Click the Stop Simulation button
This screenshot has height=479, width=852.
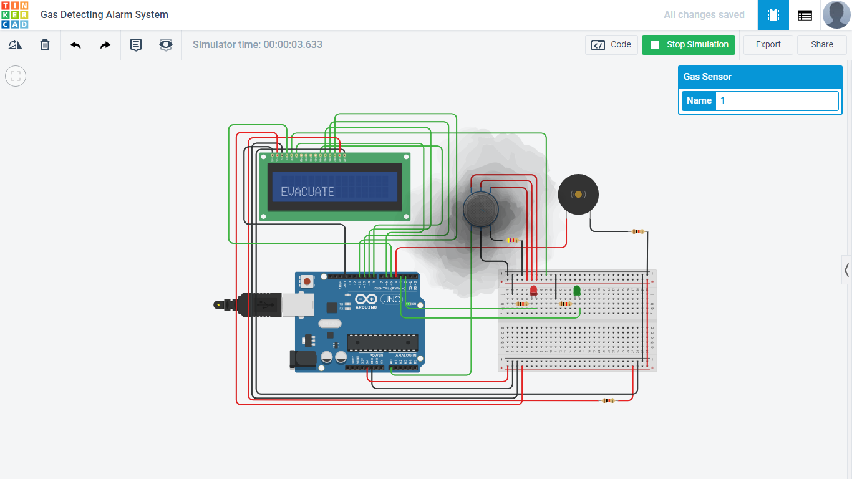[689, 45]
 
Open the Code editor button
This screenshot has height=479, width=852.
[611, 45]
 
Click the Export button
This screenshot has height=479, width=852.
[768, 45]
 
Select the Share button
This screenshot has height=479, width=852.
[821, 45]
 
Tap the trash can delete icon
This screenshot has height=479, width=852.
[45, 45]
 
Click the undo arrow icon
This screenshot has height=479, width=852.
[76, 45]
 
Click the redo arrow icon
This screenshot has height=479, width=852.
[105, 45]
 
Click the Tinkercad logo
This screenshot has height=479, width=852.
[14, 14]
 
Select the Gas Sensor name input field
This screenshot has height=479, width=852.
[777, 100]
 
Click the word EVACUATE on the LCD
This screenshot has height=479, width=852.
[307, 192]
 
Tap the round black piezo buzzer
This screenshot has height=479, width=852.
[578, 195]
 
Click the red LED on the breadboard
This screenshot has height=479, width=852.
[534, 291]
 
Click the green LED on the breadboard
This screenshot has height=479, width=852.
[577, 291]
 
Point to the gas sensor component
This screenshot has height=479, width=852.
[480, 210]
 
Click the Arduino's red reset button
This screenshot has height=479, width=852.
[307, 282]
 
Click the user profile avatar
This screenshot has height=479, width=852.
[836, 14]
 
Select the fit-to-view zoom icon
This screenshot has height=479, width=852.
[16, 76]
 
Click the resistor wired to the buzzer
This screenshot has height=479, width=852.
[637, 231]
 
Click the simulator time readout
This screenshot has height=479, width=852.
[258, 45]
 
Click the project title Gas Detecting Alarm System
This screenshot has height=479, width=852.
[104, 14]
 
